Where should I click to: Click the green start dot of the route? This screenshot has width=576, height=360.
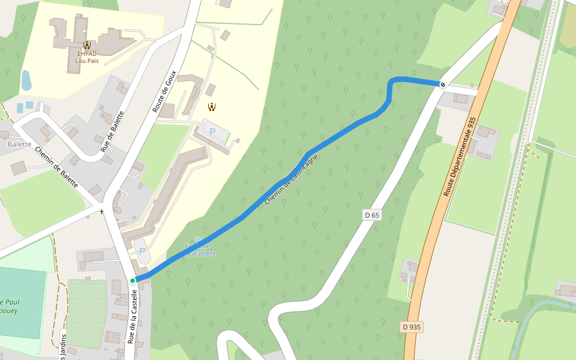tap(133, 280)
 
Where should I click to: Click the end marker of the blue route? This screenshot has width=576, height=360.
tap(443, 85)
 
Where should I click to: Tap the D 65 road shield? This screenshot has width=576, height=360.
tap(372, 215)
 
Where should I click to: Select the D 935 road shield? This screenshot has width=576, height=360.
tap(412, 326)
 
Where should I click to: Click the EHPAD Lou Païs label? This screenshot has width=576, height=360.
tap(87, 57)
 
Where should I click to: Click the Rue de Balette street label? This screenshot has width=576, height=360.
tap(112, 131)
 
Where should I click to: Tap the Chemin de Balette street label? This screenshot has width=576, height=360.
tap(56, 167)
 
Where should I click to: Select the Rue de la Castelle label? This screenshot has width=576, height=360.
tap(133, 316)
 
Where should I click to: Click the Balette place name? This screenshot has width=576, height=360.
tap(19, 145)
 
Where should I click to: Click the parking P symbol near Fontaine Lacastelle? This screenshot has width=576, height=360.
tap(142, 251)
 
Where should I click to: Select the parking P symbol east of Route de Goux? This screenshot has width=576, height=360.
tap(212, 131)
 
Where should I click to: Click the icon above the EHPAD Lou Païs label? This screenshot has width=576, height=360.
tap(87, 45)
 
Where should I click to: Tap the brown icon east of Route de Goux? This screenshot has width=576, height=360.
tap(211, 107)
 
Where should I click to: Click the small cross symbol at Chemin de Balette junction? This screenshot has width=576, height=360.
tap(101, 212)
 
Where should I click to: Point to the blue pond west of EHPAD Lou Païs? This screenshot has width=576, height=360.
tap(26, 80)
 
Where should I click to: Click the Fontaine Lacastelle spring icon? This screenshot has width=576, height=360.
tap(198, 241)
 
